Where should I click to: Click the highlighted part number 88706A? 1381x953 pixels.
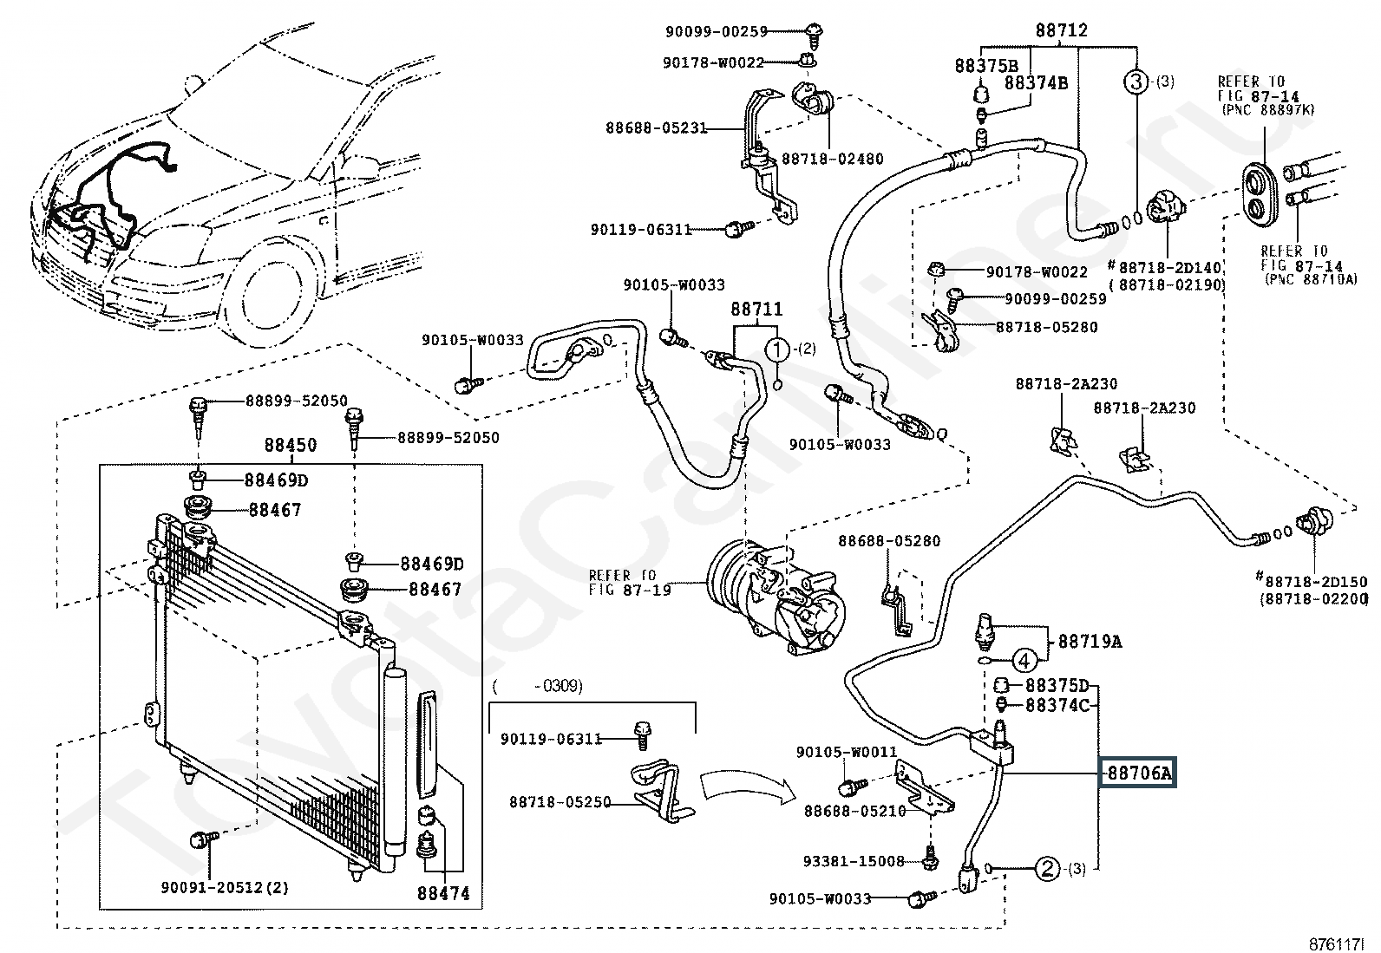pos(1137,772)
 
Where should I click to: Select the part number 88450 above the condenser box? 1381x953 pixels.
pos(291,445)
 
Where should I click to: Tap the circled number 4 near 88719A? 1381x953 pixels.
pos(1024,661)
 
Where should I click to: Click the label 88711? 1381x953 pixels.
pos(756,310)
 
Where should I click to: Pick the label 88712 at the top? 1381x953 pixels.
pos(1061,30)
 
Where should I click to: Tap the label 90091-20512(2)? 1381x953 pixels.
pos(225,887)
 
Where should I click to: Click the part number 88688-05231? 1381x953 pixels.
pos(656,128)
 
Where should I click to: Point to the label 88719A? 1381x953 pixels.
pos(1090,642)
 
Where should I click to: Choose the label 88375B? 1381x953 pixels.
pos(986,66)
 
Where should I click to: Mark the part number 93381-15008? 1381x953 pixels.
pos(854,861)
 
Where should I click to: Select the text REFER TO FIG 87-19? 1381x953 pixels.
pos(623,583)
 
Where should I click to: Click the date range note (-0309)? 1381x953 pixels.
pos(538,686)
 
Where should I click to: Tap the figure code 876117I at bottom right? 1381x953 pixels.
pos(1337,943)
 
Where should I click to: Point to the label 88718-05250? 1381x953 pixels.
pos(560,803)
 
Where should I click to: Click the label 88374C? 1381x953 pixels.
pos(1057,706)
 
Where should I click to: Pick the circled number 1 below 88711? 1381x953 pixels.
pos(777,349)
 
